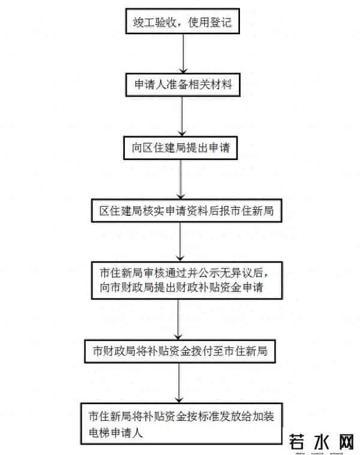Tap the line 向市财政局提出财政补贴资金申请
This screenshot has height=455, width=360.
click(182, 288)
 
